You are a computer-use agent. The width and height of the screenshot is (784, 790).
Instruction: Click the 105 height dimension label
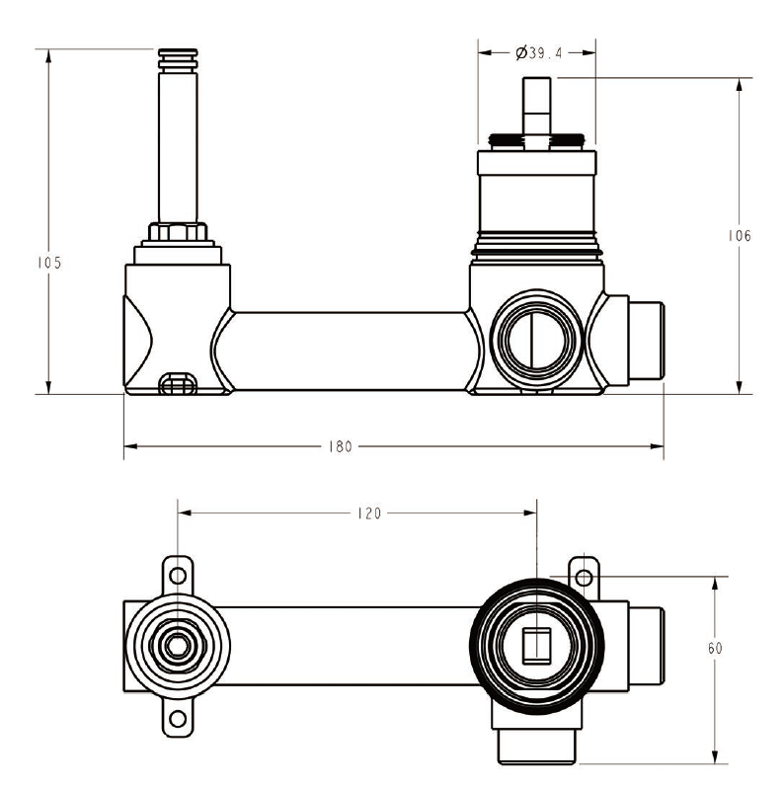tap(48, 263)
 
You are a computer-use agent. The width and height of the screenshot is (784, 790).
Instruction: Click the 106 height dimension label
tap(740, 236)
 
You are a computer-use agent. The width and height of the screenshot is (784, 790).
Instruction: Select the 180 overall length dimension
tap(340, 446)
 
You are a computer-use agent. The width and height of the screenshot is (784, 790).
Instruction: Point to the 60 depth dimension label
tap(715, 648)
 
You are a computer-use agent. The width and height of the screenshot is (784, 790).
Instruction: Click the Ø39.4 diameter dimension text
tap(538, 53)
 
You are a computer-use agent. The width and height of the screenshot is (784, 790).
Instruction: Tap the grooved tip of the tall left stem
tap(178, 58)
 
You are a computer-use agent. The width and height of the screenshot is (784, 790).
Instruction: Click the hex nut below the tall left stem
tap(178, 233)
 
